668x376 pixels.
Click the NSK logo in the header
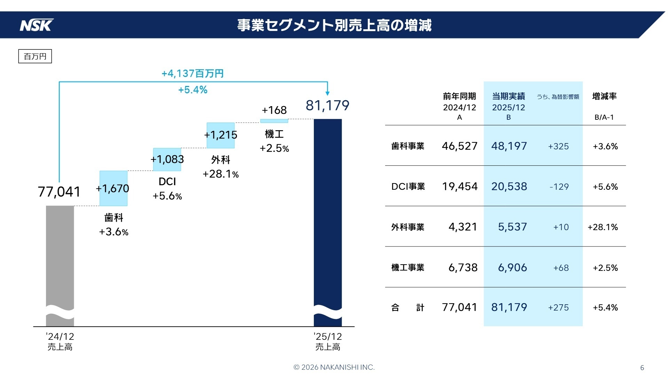tap(37, 25)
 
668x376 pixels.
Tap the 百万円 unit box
tap(35, 56)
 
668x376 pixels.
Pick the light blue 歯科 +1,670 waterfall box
tap(113, 188)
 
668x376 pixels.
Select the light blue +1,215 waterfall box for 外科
tap(221, 135)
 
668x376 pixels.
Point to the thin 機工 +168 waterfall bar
tap(274, 121)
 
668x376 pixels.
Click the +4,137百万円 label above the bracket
tap(192, 73)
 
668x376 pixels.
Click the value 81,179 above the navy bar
tap(327, 105)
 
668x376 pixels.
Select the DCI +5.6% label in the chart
tap(167, 189)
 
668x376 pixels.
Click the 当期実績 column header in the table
tap(508, 96)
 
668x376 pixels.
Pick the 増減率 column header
tap(604, 96)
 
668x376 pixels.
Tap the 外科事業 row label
tap(408, 227)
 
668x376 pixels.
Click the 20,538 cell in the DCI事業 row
tap(509, 187)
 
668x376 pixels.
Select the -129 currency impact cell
tap(559, 187)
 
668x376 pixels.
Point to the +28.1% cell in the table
tap(603, 227)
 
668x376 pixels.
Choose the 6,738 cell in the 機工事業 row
tap(463, 267)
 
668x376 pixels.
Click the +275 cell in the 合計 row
tap(558, 307)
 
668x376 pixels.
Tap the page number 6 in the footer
tap(642, 368)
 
